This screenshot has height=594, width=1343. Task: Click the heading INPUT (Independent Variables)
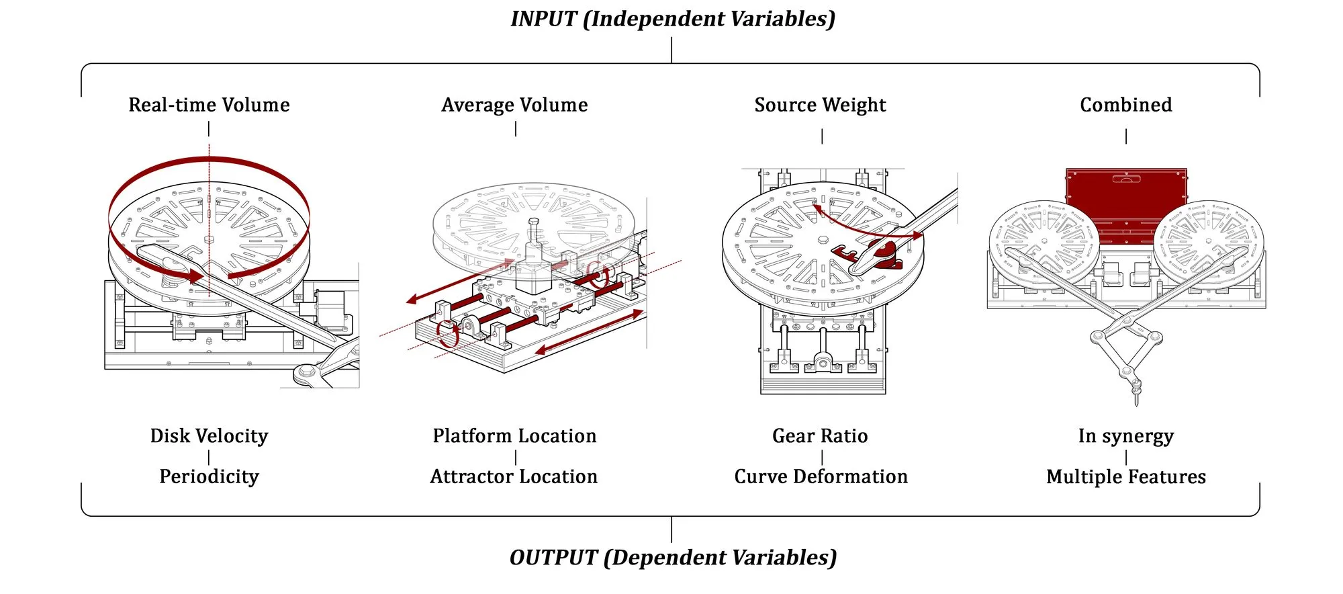pyautogui.click(x=673, y=19)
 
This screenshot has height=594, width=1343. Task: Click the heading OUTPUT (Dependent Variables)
pyautogui.click(x=673, y=558)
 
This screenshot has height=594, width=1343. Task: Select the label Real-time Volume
pyautogui.click(x=209, y=105)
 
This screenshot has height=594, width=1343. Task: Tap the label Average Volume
pyautogui.click(x=514, y=105)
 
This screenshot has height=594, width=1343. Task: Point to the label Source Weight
pyautogui.click(x=820, y=105)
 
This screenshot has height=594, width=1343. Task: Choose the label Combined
pyautogui.click(x=1126, y=105)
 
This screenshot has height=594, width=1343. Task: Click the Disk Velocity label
pyautogui.click(x=209, y=436)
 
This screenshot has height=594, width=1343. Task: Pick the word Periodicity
pyautogui.click(x=209, y=477)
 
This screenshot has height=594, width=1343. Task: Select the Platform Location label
pyautogui.click(x=514, y=436)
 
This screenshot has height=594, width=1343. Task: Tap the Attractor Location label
pyautogui.click(x=514, y=477)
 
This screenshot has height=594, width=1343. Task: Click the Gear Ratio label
pyautogui.click(x=820, y=436)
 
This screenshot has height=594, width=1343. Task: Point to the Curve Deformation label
pyautogui.click(x=821, y=477)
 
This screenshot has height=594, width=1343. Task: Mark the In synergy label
pyautogui.click(x=1126, y=436)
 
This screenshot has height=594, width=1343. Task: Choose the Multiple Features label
pyautogui.click(x=1126, y=477)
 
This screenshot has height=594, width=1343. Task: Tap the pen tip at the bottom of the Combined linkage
pyautogui.click(x=1136, y=403)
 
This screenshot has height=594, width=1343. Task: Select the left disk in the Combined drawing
pyautogui.click(x=1044, y=245)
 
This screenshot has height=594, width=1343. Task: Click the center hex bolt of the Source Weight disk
pyautogui.click(x=823, y=240)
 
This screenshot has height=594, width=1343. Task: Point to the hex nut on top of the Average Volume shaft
pyautogui.click(x=534, y=221)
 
